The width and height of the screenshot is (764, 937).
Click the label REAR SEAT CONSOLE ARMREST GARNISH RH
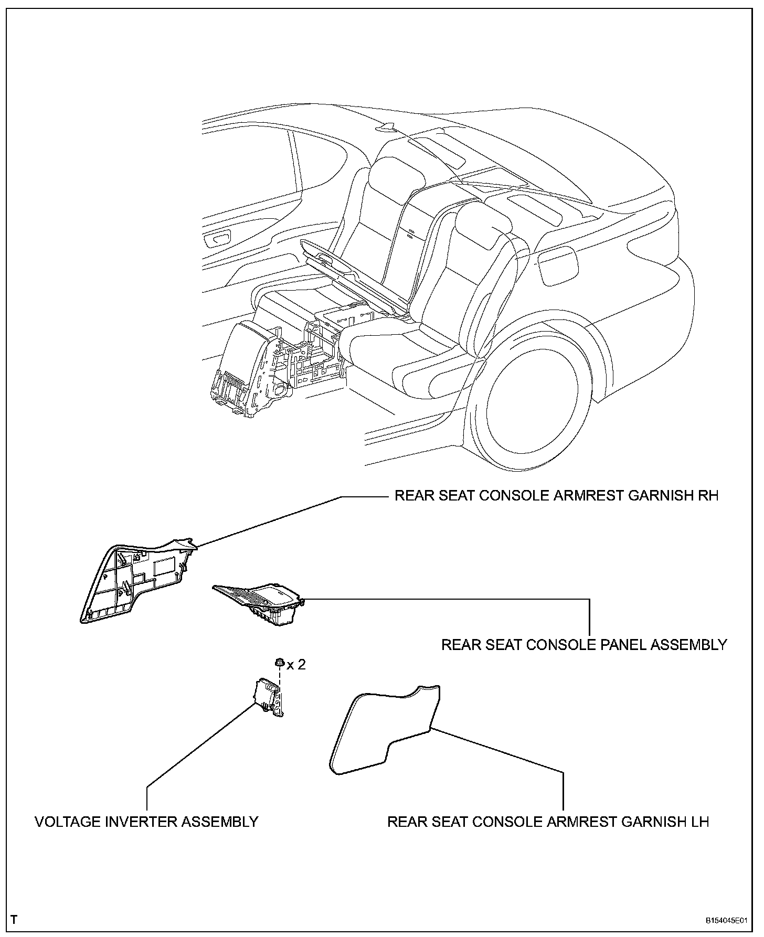click(x=556, y=496)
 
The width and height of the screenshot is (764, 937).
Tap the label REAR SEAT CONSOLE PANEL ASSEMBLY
click(x=584, y=645)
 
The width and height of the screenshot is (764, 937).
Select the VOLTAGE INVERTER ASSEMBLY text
click(x=146, y=822)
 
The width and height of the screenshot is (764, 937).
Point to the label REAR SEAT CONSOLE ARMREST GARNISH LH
click(x=548, y=822)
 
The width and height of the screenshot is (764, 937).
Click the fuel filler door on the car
click(x=559, y=267)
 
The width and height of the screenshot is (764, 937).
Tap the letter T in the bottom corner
click(x=14, y=919)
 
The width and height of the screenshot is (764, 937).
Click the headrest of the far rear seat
click(x=397, y=176)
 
